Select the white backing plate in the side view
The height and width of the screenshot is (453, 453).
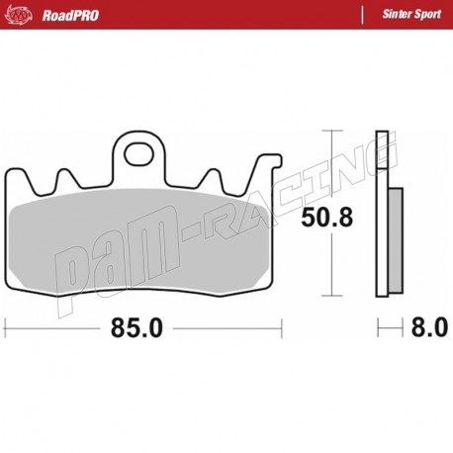[381, 213]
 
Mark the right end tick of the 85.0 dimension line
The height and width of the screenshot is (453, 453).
[283, 327]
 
